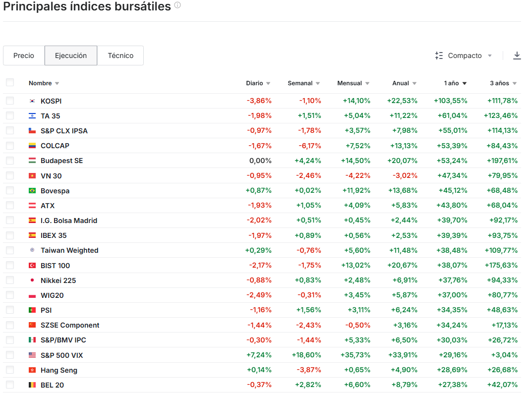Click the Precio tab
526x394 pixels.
tap(24, 56)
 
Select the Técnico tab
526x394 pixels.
tap(120, 56)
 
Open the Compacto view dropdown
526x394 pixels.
tap(464, 56)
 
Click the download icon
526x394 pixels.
tap(517, 56)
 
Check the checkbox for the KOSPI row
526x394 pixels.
tap(10, 101)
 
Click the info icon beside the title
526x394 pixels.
tap(177, 5)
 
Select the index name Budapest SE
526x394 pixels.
tap(61, 161)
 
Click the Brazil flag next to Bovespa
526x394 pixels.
tap(32, 191)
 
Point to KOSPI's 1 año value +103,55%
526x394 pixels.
tap(451, 101)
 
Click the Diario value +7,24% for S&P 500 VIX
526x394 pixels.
tap(259, 355)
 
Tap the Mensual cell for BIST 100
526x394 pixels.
tap(355, 266)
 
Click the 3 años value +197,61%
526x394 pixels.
tap(500, 161)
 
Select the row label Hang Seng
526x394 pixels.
tap(59, 370)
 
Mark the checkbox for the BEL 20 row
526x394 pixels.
tap(10, 385)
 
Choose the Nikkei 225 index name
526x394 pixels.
tap(58, 281)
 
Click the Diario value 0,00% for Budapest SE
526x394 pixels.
tap(260, 161)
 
